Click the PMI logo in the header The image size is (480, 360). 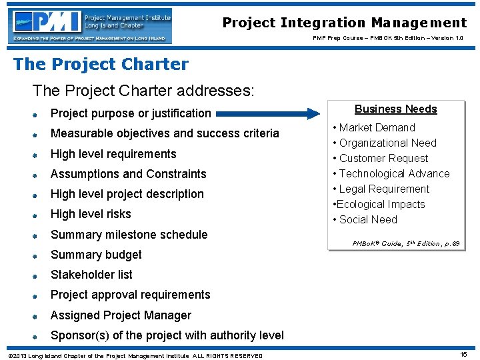click(91, 25)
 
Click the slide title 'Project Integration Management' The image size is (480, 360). click(344, 23)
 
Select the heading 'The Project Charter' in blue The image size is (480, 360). click(101, 65)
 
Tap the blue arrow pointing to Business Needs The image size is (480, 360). click(267, 113)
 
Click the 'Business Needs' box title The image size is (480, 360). click(395, 109)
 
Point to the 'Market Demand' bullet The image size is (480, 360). click(377, 127)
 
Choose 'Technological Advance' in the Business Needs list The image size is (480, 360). click(394, 173)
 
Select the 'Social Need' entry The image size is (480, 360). click(368, 219)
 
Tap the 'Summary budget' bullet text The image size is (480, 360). click(96, 255)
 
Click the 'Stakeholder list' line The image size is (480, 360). click(91, 275)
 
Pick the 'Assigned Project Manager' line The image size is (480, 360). click(121, 315)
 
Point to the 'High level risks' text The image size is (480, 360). click(91, 214)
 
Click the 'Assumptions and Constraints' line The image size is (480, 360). click(129, 174)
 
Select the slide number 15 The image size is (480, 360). click(463, 355)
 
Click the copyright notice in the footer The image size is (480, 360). click(133, 355)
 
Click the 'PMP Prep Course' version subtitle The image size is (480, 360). click(388, 38)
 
